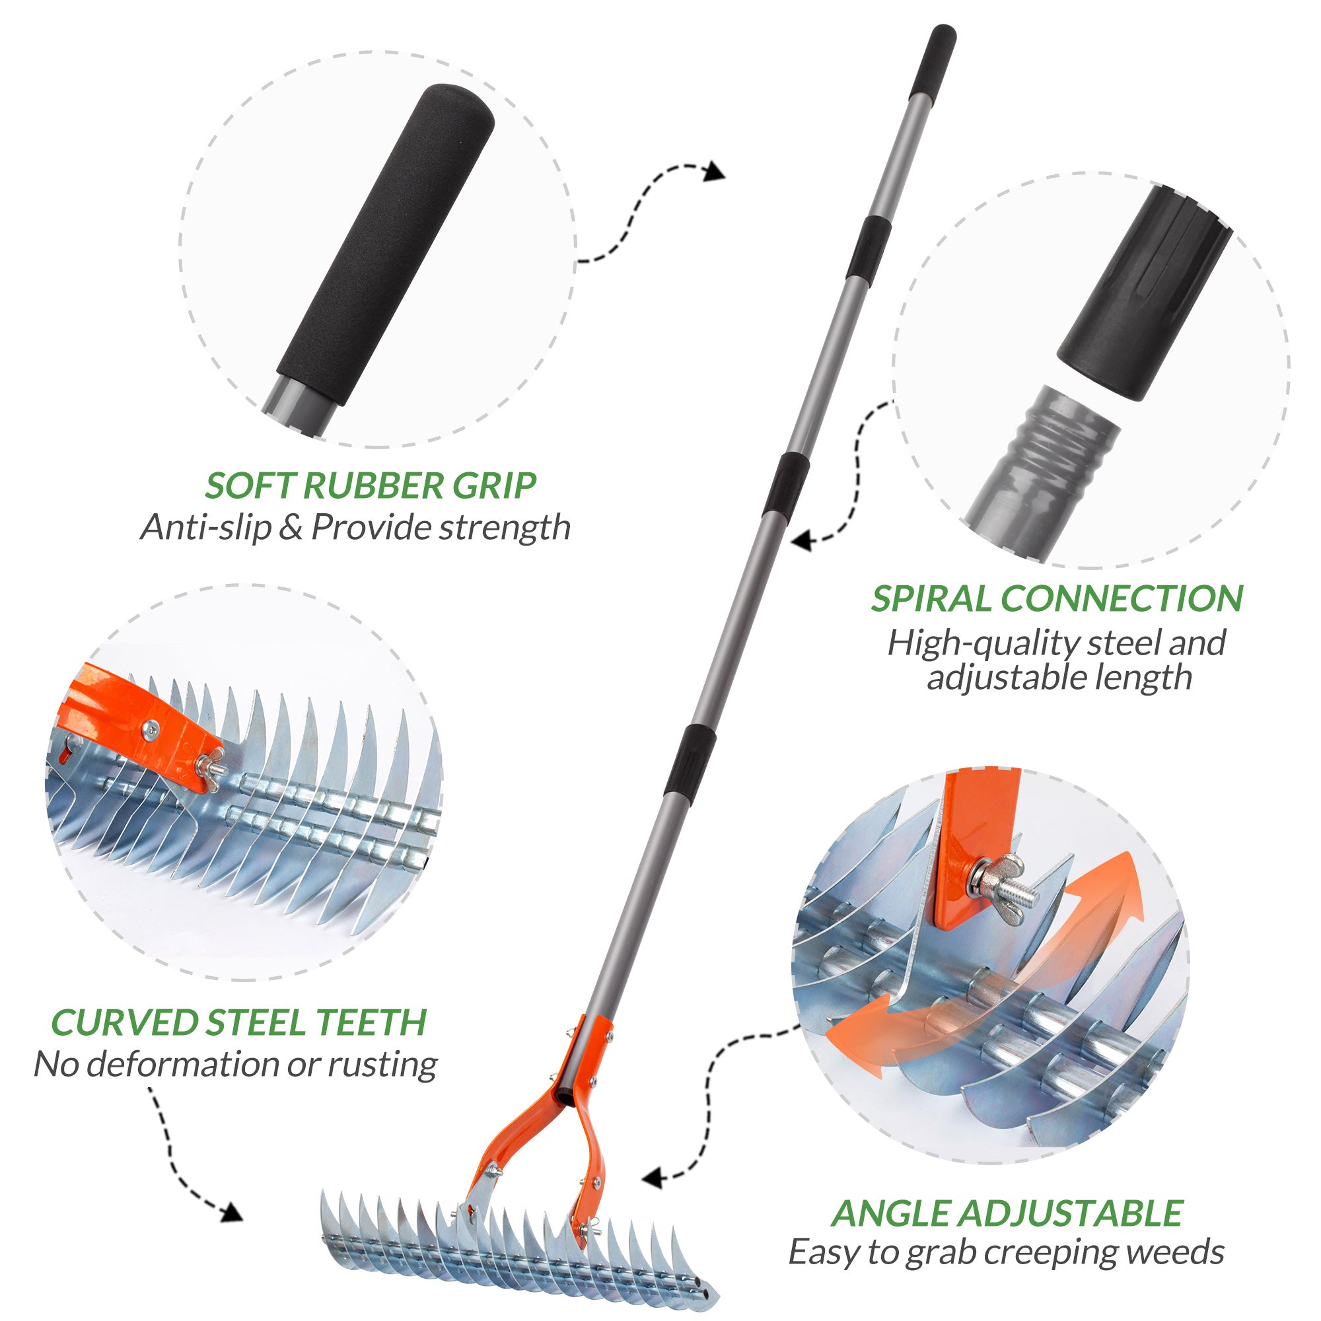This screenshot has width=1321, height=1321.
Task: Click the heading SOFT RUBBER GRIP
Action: point(370,485)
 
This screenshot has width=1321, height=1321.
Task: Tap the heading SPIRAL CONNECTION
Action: point(1056,598)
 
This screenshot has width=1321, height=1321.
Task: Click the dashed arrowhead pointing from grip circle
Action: point(715,171)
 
